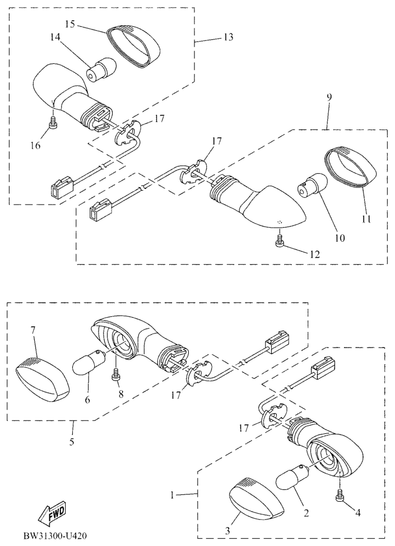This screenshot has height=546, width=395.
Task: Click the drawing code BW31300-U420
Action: click(55, 535)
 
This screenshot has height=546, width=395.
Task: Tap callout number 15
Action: click(70, 24)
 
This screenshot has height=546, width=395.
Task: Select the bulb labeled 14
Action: click(101, 70)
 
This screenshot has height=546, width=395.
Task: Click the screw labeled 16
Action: click(53, 122)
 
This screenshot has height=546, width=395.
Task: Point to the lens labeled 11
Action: click(350, 168)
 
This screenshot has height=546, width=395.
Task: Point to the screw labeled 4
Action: click(340, 496)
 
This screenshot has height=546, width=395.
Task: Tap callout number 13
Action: click(228, 37)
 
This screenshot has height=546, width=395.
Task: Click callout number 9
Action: click(329, 97)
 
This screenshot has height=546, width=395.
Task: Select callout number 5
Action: click(72, 442)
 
